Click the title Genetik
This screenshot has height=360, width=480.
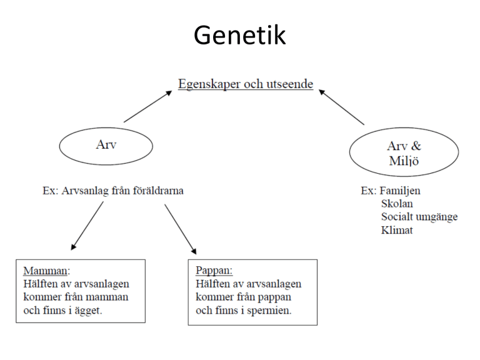click(x=240, y=35)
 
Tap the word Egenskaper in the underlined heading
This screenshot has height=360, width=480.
click(x=210, y=84)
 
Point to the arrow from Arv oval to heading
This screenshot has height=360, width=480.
click(x=148, y=106)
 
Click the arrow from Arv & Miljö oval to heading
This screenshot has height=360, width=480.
click(x=342, y=107)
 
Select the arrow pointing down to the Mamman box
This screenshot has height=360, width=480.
click(x=87, y=226)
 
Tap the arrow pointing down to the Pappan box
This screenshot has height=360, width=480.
click(x=181, y=229)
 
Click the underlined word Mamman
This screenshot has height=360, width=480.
click(x=45, y=271)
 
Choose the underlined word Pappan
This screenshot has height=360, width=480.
click(x=212, y=270)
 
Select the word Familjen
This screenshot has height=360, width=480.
click(x=400, y=191)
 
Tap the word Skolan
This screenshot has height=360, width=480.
click(x=397, y=204)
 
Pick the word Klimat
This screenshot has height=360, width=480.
click(x=397, y=230)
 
